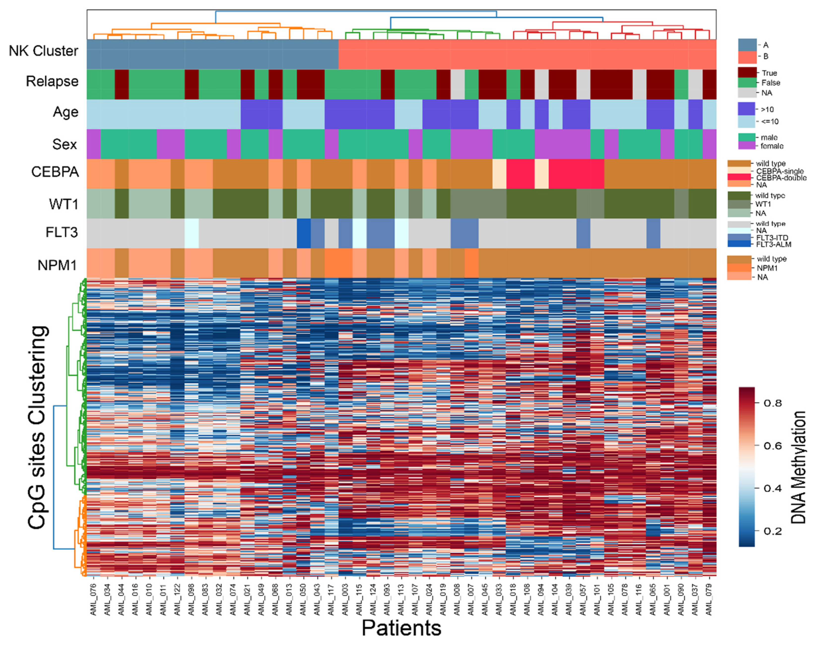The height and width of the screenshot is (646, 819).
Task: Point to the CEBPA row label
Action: pos(55,172)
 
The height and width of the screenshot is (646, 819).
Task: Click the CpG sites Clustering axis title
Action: pos(38,427)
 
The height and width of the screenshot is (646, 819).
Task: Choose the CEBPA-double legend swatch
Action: pos(739,177)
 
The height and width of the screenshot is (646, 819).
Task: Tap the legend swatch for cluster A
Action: pos(747,45)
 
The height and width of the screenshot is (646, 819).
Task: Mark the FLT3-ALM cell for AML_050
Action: pos(303,233)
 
